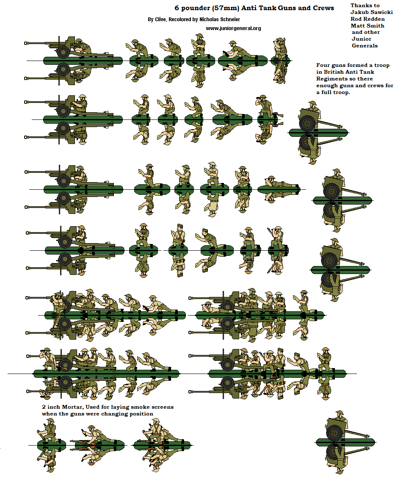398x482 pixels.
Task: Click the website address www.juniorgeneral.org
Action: click(233, 28)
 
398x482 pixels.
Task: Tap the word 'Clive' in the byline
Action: click(160, 19)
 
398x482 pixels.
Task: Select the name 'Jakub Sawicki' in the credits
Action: click(372, 12)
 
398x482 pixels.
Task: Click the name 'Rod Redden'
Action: click(368, 19)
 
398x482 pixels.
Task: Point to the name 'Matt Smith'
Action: click(367, 26)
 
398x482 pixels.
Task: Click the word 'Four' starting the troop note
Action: click(322, 65)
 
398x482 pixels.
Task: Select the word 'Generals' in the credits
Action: click(365, 46)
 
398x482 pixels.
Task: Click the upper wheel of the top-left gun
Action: click(63, 52)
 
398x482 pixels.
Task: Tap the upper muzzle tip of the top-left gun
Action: click(25, 43)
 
